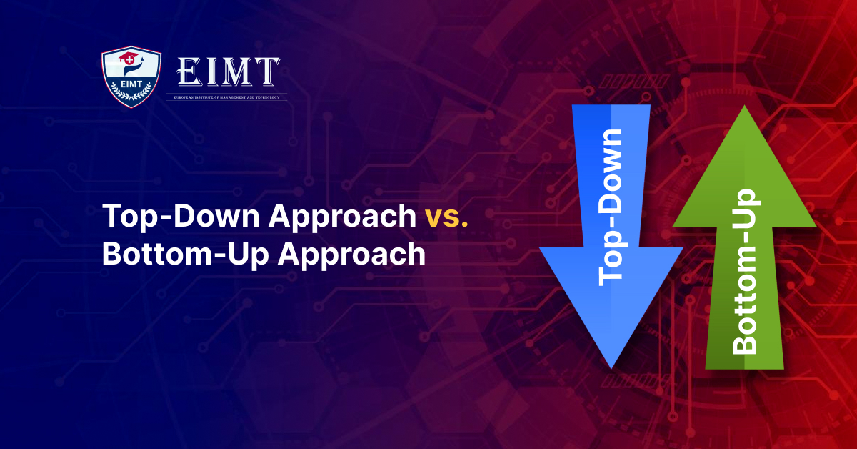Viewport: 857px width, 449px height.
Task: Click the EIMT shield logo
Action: [131, 77]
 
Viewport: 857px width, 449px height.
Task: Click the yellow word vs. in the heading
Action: [446, 216]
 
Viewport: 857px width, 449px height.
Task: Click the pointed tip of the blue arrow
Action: [611, 365]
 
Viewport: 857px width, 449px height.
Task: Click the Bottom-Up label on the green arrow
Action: [745, 272]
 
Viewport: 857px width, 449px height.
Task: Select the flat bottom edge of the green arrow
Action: [744, 367]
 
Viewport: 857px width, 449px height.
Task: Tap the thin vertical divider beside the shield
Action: [166, 77]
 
